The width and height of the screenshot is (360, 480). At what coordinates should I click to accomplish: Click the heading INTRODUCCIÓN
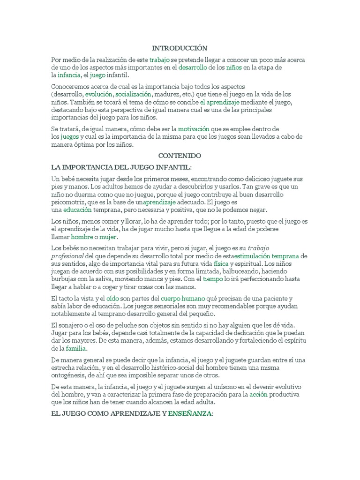point(180,48)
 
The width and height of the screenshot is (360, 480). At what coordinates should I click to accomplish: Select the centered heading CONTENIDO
point(180,155)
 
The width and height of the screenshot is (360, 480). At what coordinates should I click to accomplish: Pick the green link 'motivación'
point(193,128)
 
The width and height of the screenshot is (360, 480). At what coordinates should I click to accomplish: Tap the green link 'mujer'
point(107,237)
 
